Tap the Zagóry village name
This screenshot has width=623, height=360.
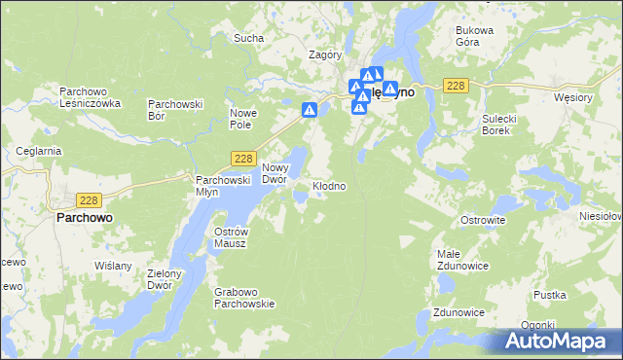pos(324,55)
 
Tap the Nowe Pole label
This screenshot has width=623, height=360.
pos(242,119)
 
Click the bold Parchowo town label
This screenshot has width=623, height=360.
pos(82,218)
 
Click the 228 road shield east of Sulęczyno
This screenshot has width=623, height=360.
pos(456,87)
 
